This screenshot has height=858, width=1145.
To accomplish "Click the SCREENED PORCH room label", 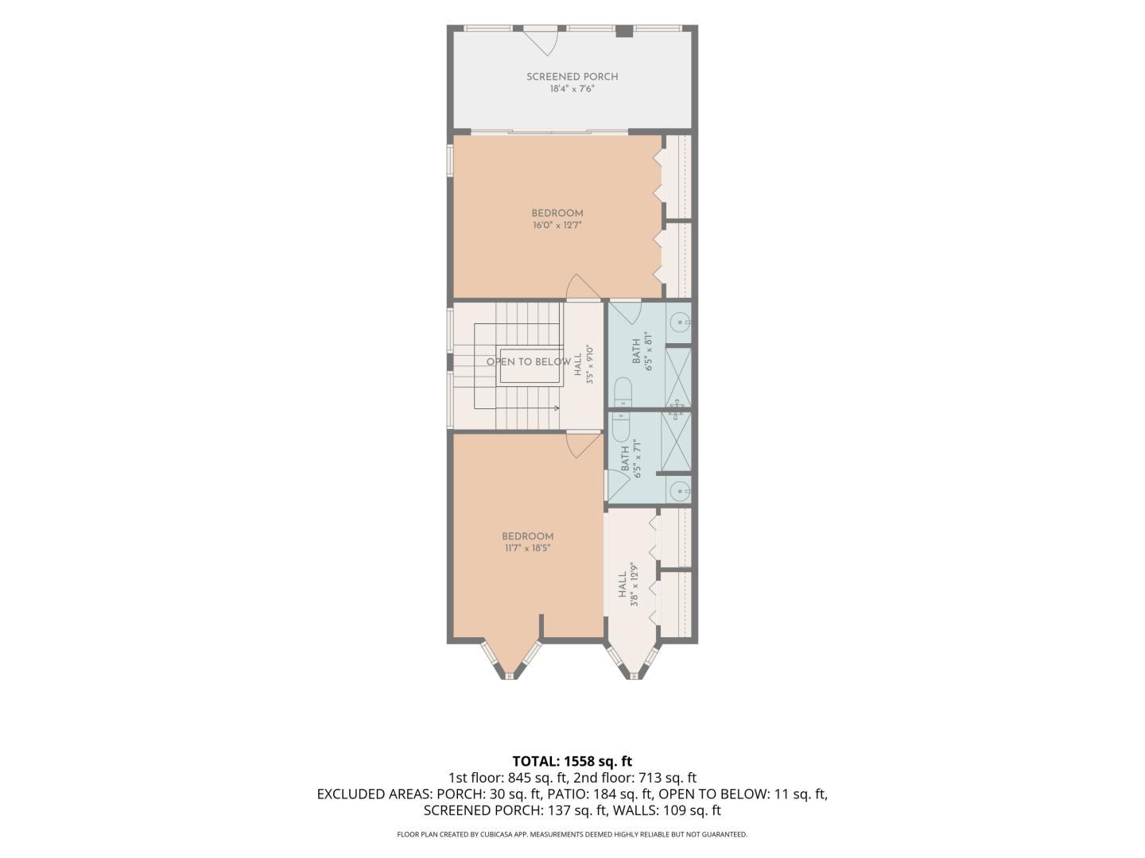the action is click(572, 76).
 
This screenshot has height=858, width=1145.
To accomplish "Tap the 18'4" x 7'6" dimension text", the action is click(572, 89).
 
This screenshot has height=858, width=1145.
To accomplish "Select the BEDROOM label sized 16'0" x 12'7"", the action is click(557, 213).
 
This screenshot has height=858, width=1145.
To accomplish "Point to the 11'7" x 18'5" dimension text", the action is click(527, 548).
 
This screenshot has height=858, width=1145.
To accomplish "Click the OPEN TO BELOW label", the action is click(529, 361).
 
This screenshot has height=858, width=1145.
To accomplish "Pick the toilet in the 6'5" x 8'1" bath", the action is click(623, 392).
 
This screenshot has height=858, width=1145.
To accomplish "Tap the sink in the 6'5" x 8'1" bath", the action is click(680, 323).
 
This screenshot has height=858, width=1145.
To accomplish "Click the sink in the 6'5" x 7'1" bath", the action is click(680, 491).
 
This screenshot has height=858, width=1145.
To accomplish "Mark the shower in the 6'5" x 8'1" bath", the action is click(678, 377).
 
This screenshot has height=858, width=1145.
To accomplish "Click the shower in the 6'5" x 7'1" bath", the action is click(676, 442).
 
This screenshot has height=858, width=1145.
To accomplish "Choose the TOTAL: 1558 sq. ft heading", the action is click(572, 761).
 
